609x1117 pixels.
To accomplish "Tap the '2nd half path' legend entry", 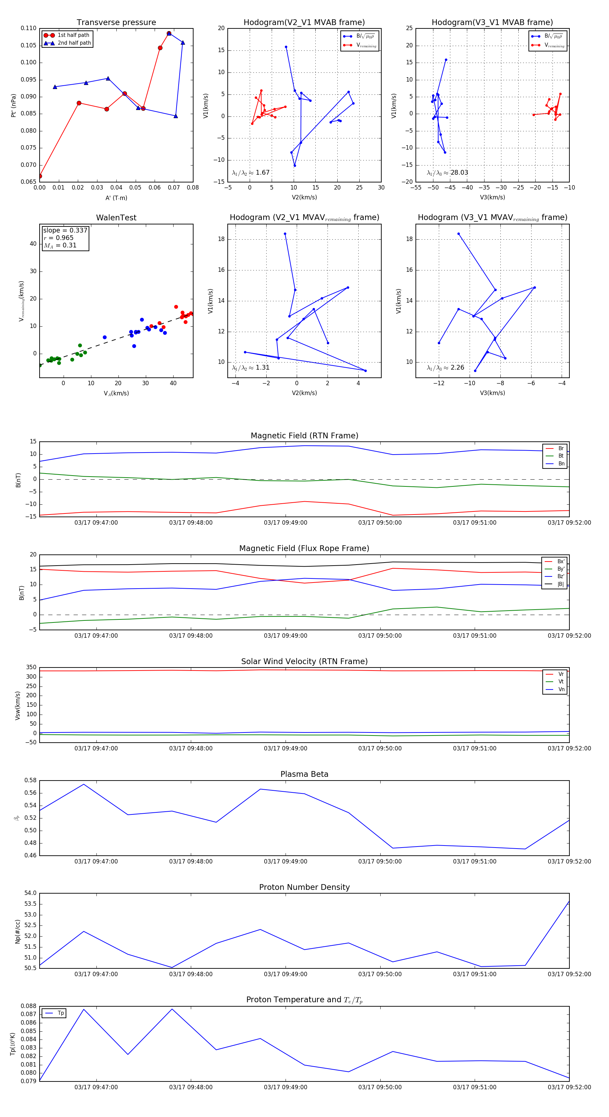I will pyautogui.click(x=74, y=43).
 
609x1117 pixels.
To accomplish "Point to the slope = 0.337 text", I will pyautogui.click(x=65, y=230).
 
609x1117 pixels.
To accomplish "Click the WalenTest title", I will pyautogui.click(x=116, y=218).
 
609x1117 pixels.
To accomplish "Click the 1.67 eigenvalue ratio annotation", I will pyautogui.click(x=262, y=173).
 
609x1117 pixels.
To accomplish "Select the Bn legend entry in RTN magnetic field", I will pyautogui.click(x=561, y=463).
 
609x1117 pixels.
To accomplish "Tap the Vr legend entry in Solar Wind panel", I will pyautogui.click(x=561, y=674).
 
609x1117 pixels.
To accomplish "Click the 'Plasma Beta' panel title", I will pyautogui.click(x=304, y=774).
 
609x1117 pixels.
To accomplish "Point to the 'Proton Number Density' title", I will pyautogui.click(x=304, y=887).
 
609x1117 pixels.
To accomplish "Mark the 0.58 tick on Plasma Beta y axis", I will pyautogui.click(x=30, y=781).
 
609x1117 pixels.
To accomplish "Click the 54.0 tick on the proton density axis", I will pyautogui.click(x=30, y=893).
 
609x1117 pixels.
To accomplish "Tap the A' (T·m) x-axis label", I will pyautogui.click(x=116, y=198).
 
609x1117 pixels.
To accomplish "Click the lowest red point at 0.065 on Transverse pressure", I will pyautogui.click(x=40, y=176).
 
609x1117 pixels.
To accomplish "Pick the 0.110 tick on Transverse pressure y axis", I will pyautogui.click(x=29, y=28).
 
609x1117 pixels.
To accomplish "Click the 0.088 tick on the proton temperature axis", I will pyautogui.click(x=29, y=1006).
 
